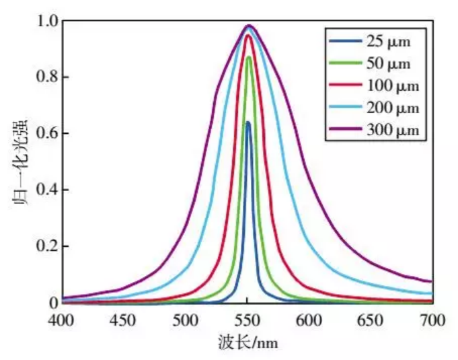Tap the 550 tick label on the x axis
pyautogui.click(x=247, y=319)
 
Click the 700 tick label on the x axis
pyautogui.click(x=431, y=319)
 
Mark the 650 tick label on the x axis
pyautogui.click(x=370, y=319)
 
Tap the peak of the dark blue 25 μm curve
pyautogui.click(x=248, y=122)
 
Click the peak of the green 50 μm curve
pyautogui.click(x=249, y=57)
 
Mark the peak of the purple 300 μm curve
pyautogui.click(x=249, y=26)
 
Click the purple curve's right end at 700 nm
pyautogui.click(x=431, y=281)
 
